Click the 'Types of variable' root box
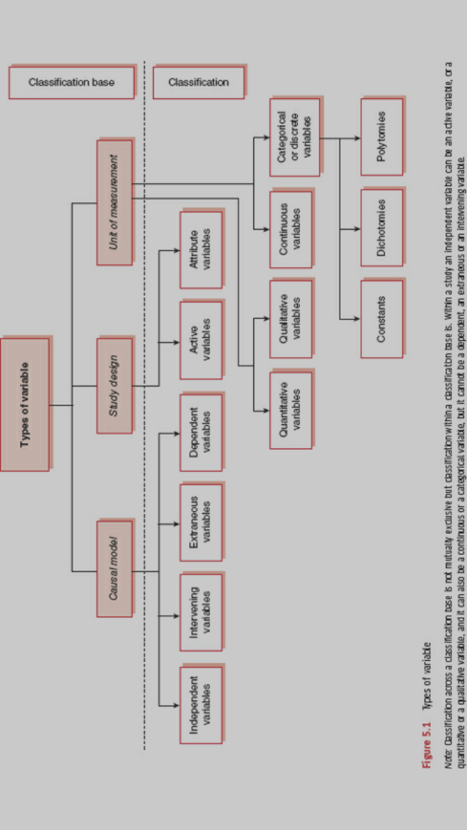25,404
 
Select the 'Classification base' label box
72,82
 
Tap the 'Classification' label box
199,82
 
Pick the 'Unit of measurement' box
114,202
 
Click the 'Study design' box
114,386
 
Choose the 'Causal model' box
114,569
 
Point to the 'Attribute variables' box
200,249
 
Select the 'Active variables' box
200,340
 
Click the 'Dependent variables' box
200,432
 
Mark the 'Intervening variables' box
200,612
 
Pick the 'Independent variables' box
200,704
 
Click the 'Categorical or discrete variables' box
295,137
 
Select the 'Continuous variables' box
291,229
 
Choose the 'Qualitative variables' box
291,319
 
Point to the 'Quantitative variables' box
291,410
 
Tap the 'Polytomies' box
382,137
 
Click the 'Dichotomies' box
382,228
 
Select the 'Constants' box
382,319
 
